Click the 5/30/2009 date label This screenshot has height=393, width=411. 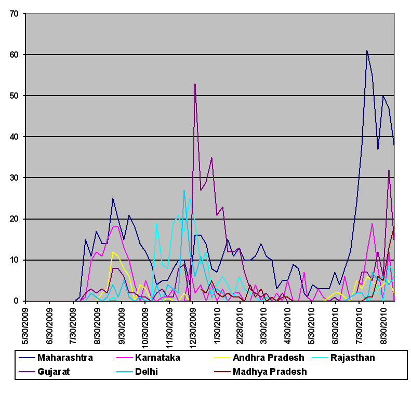26,324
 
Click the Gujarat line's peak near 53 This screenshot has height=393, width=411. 195,84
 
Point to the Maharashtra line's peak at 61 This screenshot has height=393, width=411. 367,51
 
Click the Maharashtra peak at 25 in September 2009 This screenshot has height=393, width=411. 113,198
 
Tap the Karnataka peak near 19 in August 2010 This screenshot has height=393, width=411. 372,223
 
